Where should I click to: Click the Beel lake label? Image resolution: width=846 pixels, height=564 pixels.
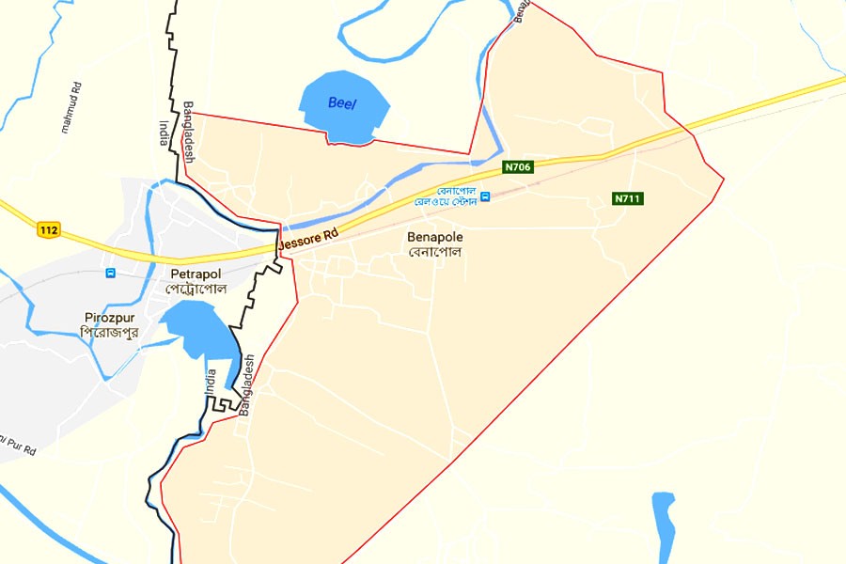342,103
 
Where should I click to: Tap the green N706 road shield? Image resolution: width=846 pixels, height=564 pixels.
518,167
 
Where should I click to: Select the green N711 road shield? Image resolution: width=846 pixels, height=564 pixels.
628,198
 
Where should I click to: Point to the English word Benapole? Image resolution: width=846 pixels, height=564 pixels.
434,238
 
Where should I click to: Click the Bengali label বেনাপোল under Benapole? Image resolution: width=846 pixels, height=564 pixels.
434,253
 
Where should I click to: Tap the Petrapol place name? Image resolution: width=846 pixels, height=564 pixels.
194,274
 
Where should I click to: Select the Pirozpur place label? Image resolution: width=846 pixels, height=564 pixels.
110,318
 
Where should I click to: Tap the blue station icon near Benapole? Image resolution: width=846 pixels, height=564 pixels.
485,196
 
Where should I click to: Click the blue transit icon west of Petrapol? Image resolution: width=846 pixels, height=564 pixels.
111,274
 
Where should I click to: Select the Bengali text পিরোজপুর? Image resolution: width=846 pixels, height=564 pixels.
110,333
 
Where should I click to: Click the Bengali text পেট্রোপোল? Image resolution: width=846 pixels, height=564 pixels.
199,289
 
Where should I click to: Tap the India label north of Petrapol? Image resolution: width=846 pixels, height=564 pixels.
164,133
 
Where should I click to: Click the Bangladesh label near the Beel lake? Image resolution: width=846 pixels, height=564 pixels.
189,133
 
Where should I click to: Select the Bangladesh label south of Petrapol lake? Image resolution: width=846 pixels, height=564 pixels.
247,386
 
